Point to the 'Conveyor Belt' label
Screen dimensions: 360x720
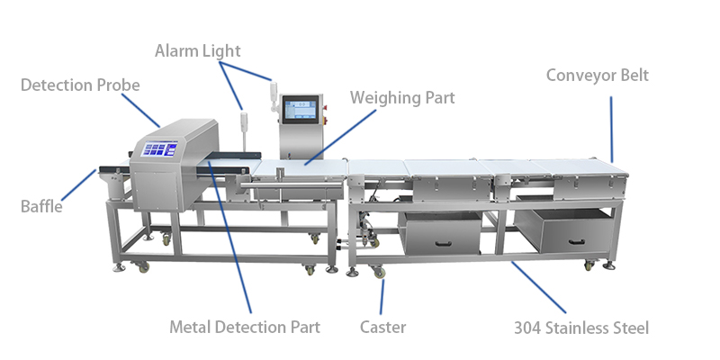[x=597, y=75]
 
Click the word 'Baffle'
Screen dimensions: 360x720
[x=41, y=206]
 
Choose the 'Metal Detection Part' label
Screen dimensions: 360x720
[x=244, y=327]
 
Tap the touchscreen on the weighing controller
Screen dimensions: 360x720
[x=301, y=110]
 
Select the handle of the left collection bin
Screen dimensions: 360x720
[x=438, y=240]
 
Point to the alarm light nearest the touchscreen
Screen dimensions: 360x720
[x=270, y=89]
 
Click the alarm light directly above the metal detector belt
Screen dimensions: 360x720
[x=242, y=122]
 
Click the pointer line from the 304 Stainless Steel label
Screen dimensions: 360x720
[x=550, y=287]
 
